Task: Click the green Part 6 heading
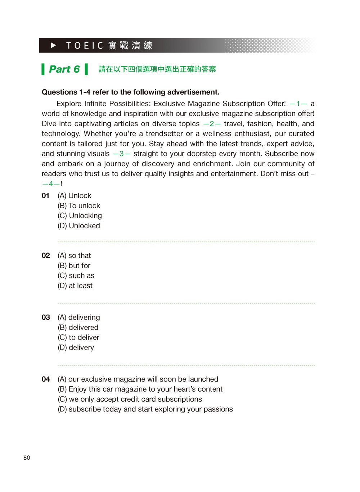click(64, 69)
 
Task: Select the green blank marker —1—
click(298, 104)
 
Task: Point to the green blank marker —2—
click(212, 124)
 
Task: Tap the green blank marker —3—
click(122, 154)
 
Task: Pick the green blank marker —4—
click(51, 184)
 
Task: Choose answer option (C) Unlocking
click(80, 216)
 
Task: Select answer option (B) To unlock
click(79, 206)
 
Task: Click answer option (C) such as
click(76, 276)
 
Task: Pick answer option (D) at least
click(75, 286)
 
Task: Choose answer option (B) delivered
click(78, 328)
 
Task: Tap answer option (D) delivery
click(76, 348)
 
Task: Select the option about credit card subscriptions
click(130, 400)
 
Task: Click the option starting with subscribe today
click(145, 410)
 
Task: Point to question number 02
click(46, 256)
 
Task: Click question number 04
click(46, 379)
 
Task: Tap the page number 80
click(27, 458)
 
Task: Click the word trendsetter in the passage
click(164, 134)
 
